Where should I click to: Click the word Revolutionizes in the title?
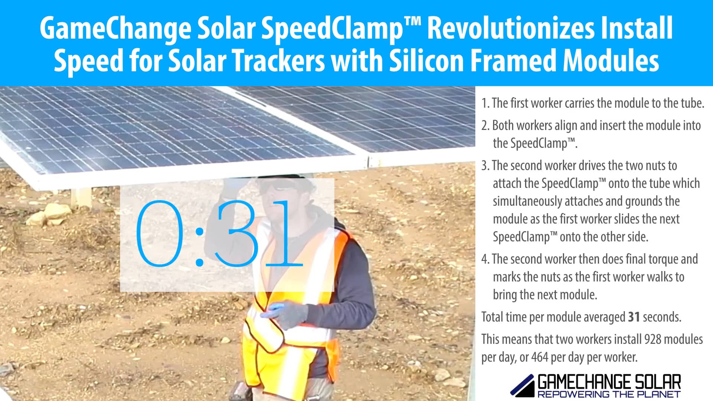[511, 28]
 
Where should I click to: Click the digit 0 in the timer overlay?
[160, 234]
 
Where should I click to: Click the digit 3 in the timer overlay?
[238, 234]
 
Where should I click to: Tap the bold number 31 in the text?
[634, 317]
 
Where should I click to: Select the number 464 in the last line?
[540, 357]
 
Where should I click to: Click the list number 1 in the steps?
[485, 103]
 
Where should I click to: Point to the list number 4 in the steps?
[485, 259]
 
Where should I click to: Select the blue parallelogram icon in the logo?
[522, 386]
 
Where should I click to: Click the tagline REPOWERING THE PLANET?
[609, 394]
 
